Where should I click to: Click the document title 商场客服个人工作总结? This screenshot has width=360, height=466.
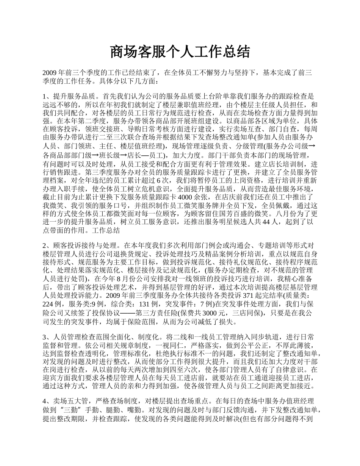(180, 52)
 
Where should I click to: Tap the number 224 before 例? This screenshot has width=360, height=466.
(49, 304)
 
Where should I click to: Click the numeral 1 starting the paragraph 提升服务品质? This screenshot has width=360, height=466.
(45, 97)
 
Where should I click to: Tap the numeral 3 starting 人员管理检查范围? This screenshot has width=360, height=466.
(45, 337)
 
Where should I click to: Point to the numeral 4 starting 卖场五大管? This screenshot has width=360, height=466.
(45, 400)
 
